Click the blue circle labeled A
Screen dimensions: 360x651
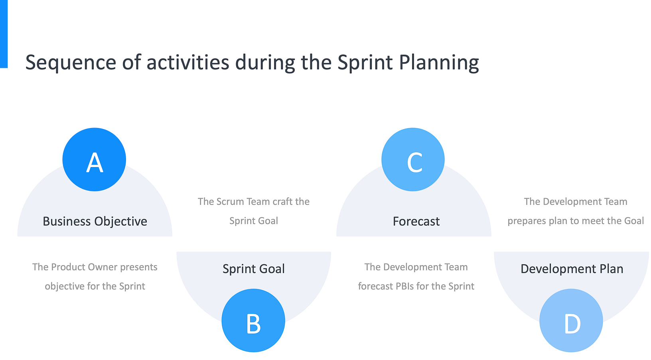(x=94, y=159)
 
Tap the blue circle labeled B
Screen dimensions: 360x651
(x=253, y=321)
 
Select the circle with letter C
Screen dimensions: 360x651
(x=413, y=159)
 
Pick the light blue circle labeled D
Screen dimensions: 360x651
(x=571, y=321)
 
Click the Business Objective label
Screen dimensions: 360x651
(x=95, y=221)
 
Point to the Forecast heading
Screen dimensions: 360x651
(x=416, y=221)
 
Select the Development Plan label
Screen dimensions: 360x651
(x=572, y=269)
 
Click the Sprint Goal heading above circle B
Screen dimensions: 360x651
(x=254, y=269)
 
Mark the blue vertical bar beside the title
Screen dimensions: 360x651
(x=4, y=34)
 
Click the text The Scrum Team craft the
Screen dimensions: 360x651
(x=254, y=202)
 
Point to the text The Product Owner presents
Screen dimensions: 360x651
(x=95, y=267)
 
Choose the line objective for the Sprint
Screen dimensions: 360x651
(x=95, y=286)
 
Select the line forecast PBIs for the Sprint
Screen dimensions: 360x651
(x=416, y=286)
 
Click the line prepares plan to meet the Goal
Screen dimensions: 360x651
(x=576, y=221)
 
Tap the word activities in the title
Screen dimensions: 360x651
(x=188, y=63)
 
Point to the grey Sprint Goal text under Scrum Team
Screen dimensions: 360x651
(x=254, y=221)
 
